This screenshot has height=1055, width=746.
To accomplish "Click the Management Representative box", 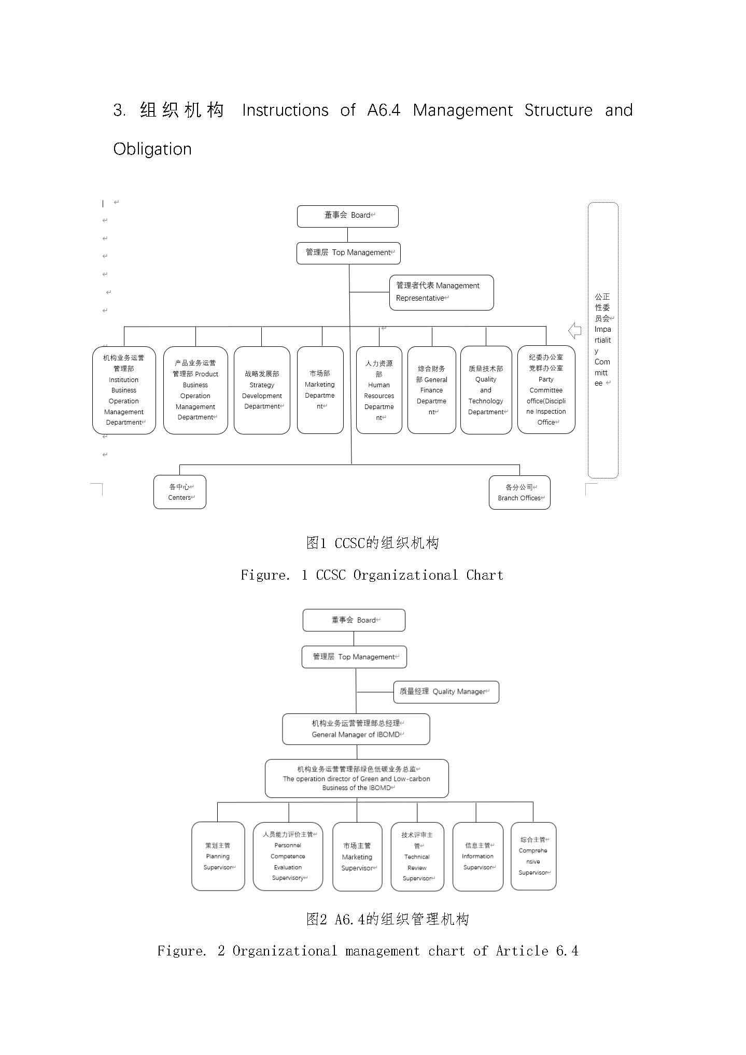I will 441,292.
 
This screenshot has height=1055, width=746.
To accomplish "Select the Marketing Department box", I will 320,390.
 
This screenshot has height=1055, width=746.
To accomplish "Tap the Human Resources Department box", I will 379,390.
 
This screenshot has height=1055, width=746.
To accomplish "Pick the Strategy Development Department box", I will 262,390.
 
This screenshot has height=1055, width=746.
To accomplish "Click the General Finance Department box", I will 431,390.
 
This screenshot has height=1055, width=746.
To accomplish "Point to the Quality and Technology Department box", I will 486,390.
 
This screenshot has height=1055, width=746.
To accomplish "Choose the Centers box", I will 180,492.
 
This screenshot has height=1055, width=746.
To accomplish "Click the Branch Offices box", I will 519,493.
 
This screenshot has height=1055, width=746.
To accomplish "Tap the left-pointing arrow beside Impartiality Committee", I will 574,330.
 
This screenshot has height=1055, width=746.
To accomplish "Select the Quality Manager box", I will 446,692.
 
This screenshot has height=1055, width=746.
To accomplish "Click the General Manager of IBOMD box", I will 356,729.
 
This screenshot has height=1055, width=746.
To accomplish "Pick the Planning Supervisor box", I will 218,856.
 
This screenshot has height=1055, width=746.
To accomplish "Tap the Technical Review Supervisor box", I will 417,856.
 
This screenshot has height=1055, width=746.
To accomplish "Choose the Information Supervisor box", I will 478,856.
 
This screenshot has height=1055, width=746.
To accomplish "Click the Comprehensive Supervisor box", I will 533,856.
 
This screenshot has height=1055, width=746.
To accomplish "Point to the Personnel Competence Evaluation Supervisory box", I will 288,856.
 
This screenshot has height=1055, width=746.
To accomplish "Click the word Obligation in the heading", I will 152,149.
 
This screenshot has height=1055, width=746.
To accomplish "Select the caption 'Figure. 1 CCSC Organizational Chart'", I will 372,575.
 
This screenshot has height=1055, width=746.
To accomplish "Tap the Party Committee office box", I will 546,390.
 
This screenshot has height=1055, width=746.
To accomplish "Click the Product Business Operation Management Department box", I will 195,390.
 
